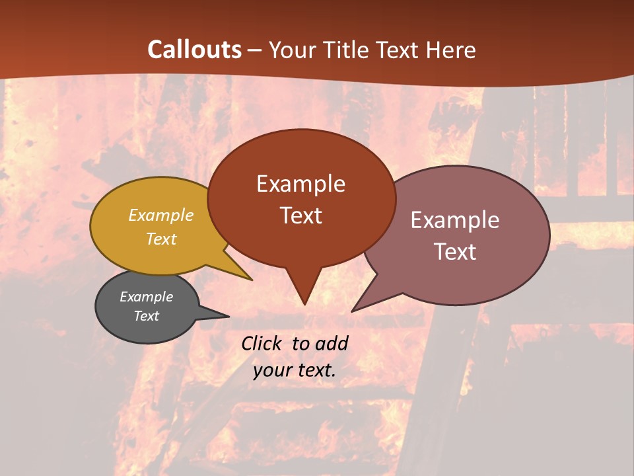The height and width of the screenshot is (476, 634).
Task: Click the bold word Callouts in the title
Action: (195, 50)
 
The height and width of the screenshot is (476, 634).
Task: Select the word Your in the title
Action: (293, 50)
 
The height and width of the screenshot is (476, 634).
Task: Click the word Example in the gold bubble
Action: (161, 215)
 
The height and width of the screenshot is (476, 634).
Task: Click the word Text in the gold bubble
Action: (161, 239)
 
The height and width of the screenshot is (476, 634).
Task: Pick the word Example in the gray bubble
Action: (146, 297)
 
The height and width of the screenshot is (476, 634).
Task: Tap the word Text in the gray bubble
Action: (146, 316)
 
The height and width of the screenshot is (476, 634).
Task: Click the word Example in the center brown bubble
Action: (300, 184)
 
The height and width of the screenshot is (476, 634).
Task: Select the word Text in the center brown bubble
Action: (300, 216)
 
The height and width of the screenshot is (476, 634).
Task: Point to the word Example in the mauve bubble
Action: (455, 220)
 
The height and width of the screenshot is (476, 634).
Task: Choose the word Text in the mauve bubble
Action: (455, 252)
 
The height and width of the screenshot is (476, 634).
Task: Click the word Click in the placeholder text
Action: (262, 343)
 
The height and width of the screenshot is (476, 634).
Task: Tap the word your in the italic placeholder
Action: (271, 370)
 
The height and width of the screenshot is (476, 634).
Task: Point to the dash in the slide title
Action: (256, 50)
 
